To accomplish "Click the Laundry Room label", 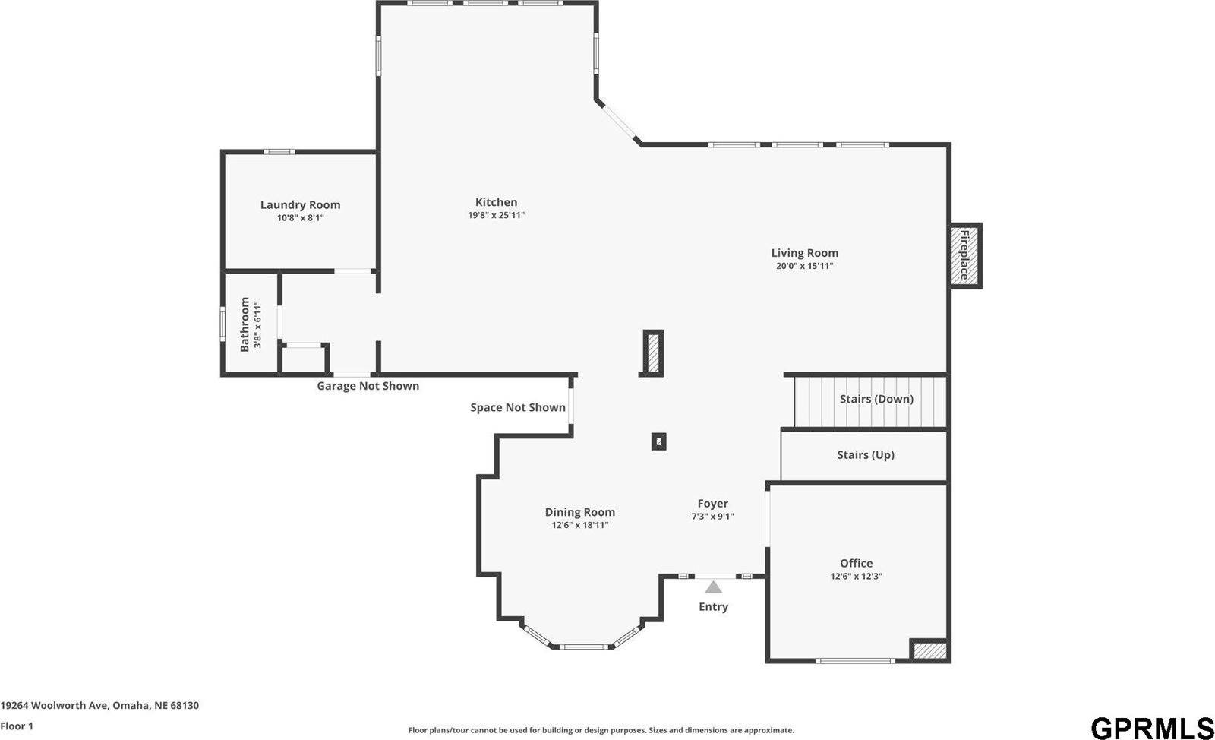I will pyautogui.click(x=300, y=204).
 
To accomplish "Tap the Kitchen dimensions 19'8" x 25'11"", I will pyautogui.click(x=496, y=216).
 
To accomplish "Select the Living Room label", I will pyautogui.click(x=804, y=253).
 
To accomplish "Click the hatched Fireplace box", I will pyautogui.click(x=965, y=255).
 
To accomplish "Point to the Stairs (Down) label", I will pyautogui.click(x=876, y=399).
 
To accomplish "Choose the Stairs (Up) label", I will pyautogui.click(x=865, y=455).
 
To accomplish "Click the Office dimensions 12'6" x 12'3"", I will pyautogui.click(x=856, y=577).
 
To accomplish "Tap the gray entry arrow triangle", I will pyautogui.click(x=713, y=587).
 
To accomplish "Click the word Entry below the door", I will pyautogui.click(x=713, y=606).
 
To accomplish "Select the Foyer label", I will pyautogui.click(x=712, y=503).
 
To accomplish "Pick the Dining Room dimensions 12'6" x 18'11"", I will pyautogui.click(x=579, y=525).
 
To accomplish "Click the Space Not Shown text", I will pyautogui.click(x=517, y=407).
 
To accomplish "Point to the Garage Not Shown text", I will pyautogui.click(x=368, y=386).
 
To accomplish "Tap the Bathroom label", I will pyautogui.click(x=245, y=324).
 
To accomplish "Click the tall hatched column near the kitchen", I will pyautogui.click(x=653, y=353).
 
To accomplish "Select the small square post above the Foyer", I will pyautogui.click(x=658, y=441).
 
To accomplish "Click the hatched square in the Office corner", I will pyautogui.click(x=929, y=650).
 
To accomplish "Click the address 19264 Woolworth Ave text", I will pyautogui.click(x=99, y=705).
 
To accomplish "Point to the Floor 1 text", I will pyautogui.click(x=17, y=726).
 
